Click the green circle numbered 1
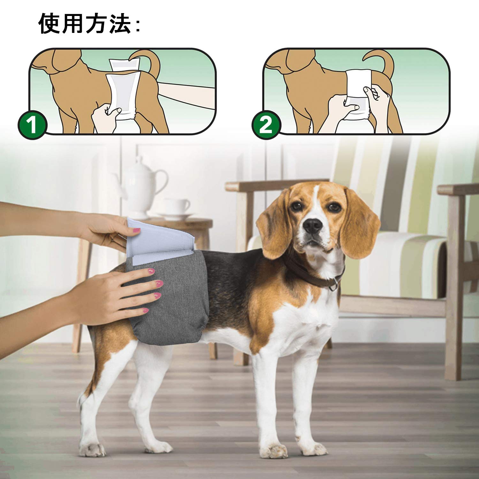point(33,125)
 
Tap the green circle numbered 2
point(266,125)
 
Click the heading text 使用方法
point(85,24)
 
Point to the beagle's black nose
point(313,226)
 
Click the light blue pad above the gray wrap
point(160,241)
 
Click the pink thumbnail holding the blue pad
point(136,231)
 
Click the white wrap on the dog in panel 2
point(358,93)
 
